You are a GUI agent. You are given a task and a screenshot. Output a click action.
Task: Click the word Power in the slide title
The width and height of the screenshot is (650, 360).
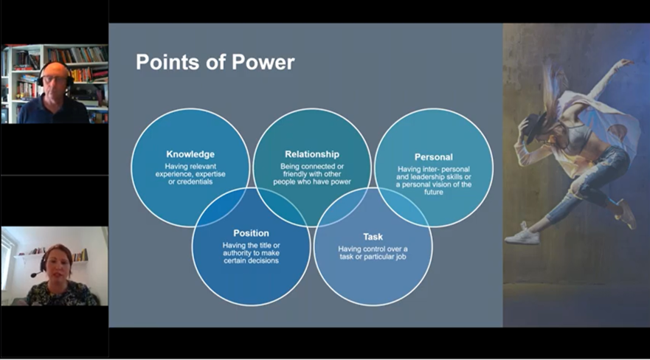(263, 62)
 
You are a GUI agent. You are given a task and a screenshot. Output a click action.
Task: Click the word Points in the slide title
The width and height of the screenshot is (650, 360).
(167, 62)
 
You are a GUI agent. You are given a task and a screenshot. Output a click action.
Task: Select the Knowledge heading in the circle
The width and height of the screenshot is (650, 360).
(190, 154)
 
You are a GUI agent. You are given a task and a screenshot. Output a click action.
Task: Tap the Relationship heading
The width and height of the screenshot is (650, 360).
(312, 154)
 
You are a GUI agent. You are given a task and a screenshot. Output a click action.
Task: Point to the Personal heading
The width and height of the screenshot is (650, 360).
(434, 157)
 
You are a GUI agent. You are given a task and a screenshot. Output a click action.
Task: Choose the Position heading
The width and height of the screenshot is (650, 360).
(251, 233)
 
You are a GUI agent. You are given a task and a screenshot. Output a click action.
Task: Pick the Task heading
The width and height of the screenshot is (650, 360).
(373, 237)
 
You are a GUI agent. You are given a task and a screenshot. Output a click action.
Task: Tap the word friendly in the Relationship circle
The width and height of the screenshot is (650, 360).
(294, 174)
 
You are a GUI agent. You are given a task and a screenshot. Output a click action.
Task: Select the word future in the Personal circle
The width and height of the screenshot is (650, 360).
(434, 193)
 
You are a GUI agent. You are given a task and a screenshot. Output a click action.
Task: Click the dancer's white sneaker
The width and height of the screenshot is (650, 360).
(522, 237)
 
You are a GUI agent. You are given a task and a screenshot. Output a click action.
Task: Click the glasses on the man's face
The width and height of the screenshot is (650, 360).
(53, 79)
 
